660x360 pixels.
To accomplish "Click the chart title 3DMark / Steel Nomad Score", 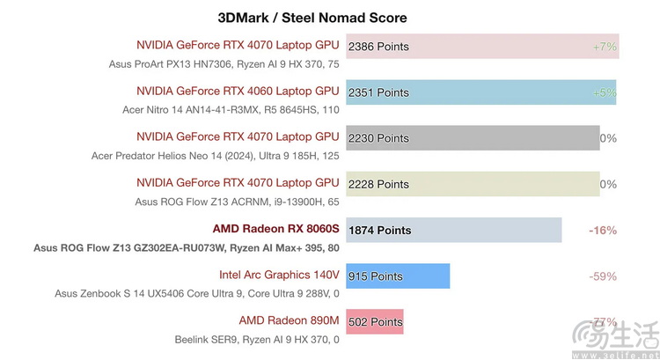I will (312, 18).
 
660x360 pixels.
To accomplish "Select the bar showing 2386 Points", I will (482, 46).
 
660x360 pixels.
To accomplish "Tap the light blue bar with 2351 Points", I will (480, 92).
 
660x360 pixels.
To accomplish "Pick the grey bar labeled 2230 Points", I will (473, 138).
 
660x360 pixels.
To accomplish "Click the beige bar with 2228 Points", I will (473, 184).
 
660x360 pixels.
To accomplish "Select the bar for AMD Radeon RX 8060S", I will (454, 230).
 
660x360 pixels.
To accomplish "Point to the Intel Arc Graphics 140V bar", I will (398, 276).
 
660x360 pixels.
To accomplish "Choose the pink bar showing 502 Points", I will (375, 321).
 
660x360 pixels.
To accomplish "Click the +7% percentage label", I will (605, 46).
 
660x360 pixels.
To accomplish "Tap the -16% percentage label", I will (602, 230).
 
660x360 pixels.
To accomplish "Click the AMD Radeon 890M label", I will (289, 320).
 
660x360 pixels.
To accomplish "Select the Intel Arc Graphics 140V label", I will (279, 275).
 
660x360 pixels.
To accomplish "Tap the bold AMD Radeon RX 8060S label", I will (275, 229).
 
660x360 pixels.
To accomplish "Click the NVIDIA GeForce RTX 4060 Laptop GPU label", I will (238, 91).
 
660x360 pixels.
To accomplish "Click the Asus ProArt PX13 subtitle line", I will (224, 63).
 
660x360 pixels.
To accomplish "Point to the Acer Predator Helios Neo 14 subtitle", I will (215, 156).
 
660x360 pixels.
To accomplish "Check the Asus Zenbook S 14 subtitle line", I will (196, 293).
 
